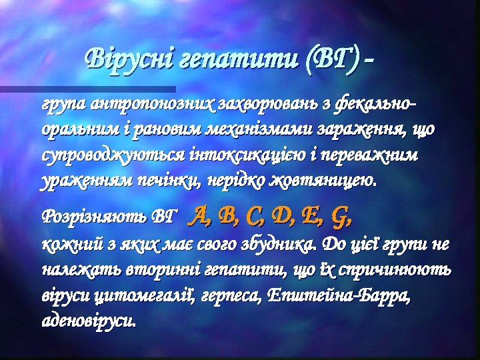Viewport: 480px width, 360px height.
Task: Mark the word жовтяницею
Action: point(327,181)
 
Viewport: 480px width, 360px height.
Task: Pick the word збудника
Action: point(285,245)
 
